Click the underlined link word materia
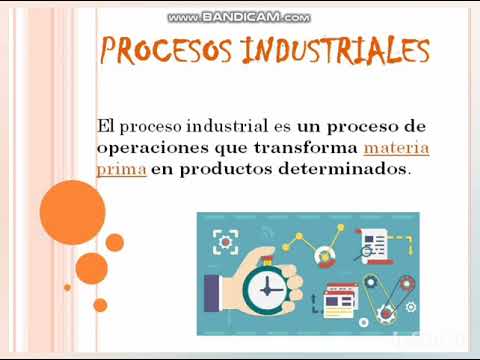pyautogui.click(x=397, y=148)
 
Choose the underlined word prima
pyautogui.click(x=121, y=169)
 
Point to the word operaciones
pyautogui.click(x=143, y=148)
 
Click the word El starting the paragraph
pyautogui.click(x=106, y=127)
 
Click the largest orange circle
pyautogui.click(x=72, y=211)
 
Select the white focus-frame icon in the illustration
pyautogui.click(x=225, y=242)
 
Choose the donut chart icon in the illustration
pyautogui.click(x=324, y=259)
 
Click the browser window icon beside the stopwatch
pyautogui.click(x=338, y=297)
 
